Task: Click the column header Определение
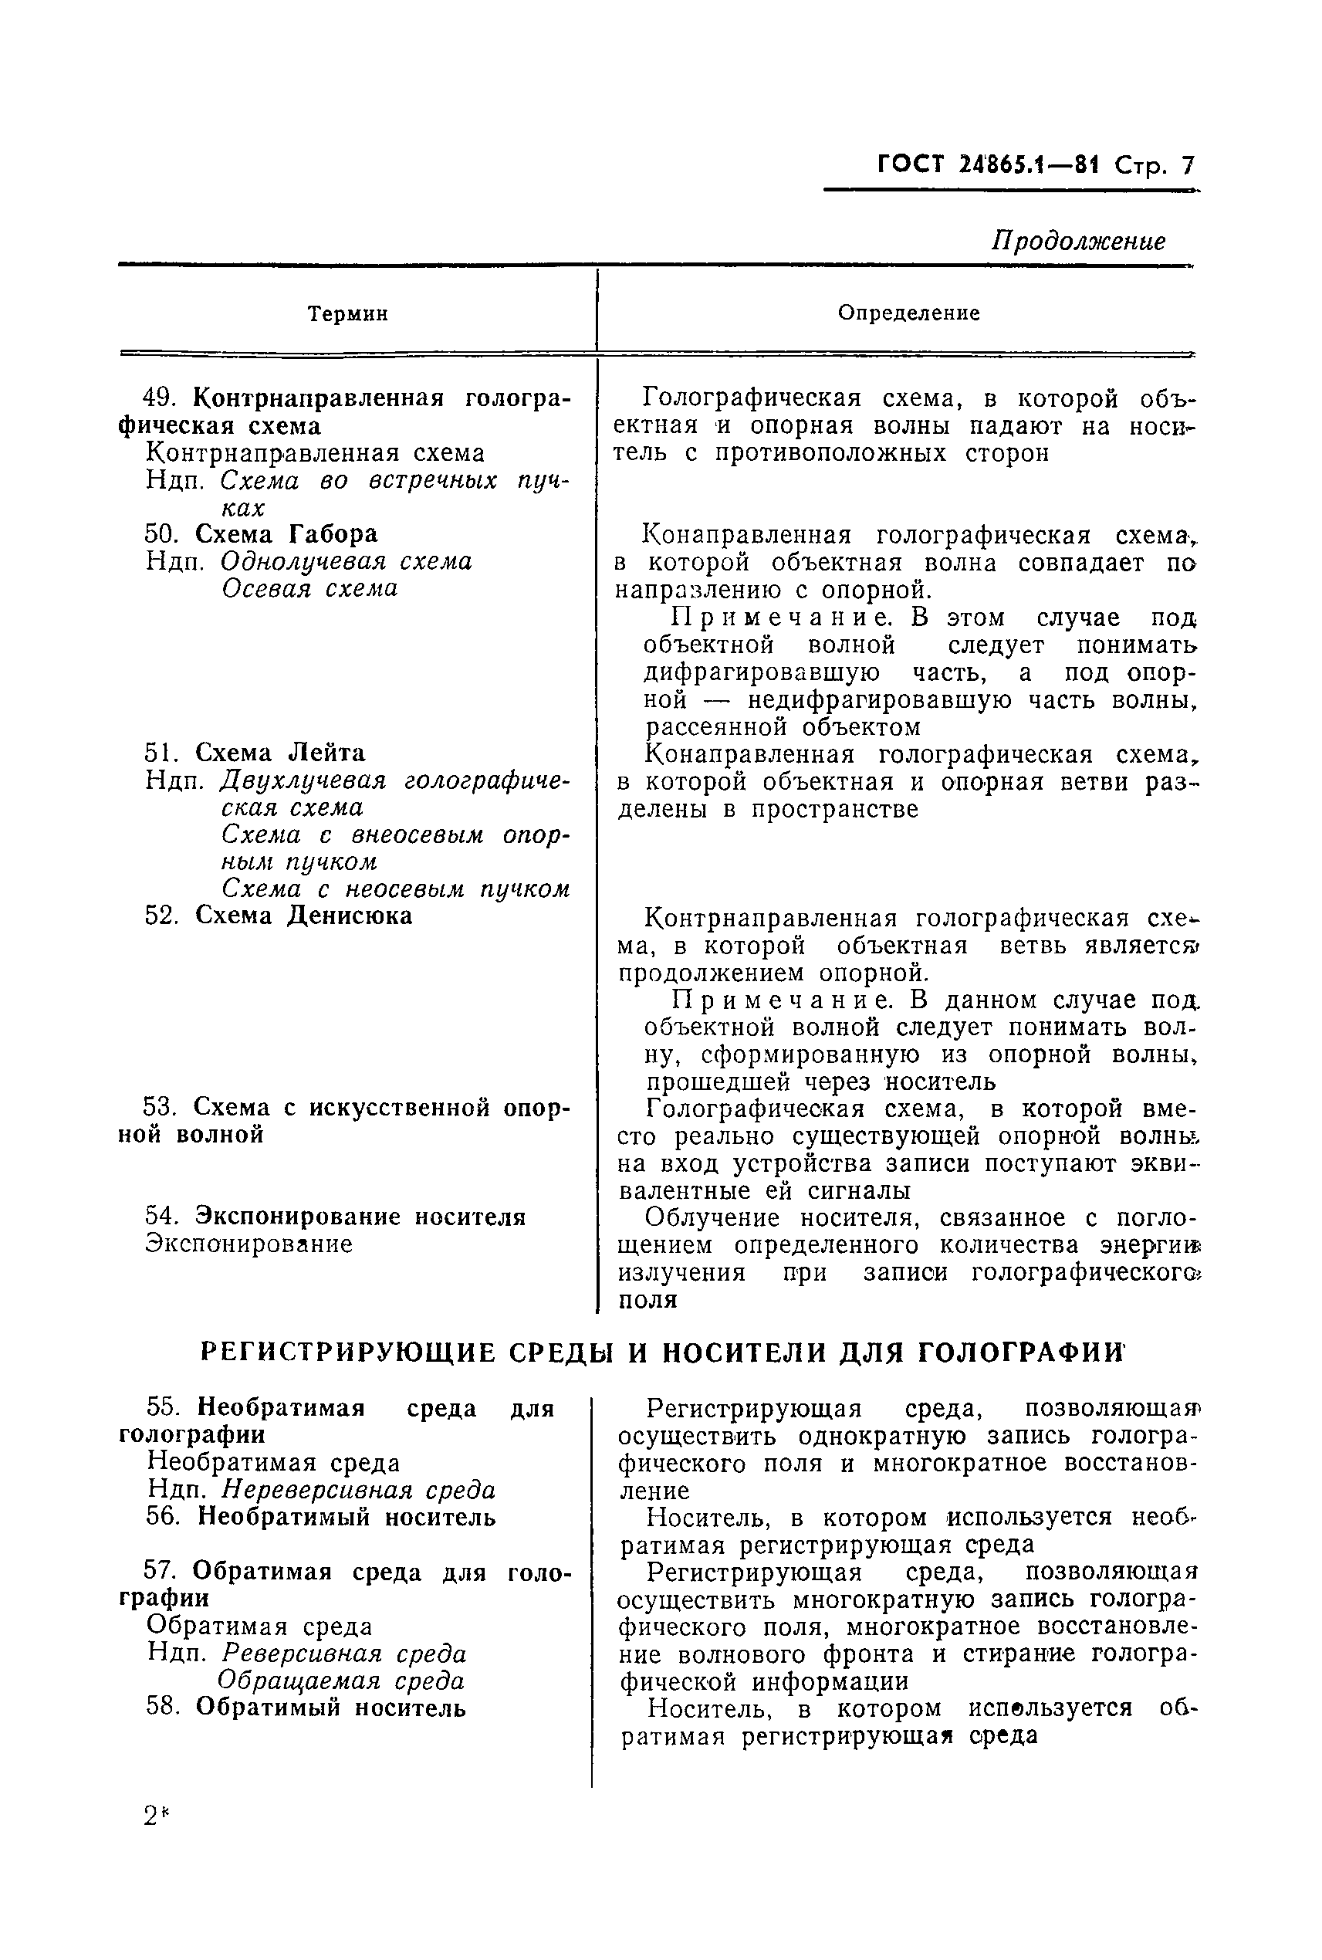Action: pos(908,313)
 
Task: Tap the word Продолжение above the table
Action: pos(1077,241)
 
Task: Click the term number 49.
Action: pos(157,398)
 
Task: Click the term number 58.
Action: pos(163,1708)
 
